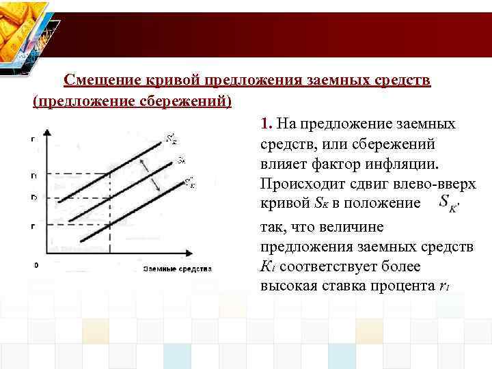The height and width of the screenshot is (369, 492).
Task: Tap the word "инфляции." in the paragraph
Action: tap(400, 164)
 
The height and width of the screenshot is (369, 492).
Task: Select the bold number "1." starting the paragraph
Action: tap(266, 124)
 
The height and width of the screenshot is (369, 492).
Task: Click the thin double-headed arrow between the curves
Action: tap(152, 175)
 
